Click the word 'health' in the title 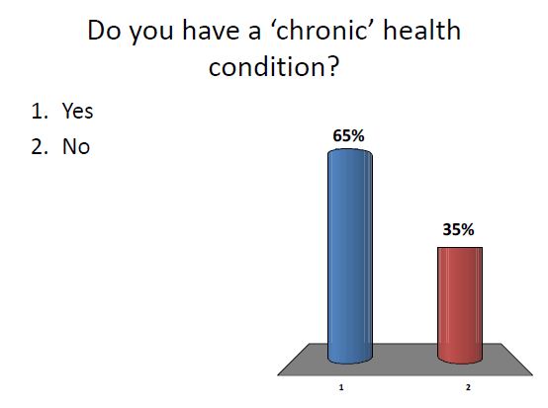(x=421, y=31)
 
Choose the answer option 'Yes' (x=77, y=112)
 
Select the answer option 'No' (x=76, y=148)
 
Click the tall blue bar (x=350, y=257)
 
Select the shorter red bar (x=459, y=301)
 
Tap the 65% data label (x=348, y=136)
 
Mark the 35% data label (x=457, y=230)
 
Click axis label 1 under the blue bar (x=341, y=389)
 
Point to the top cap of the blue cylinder (x=350, y=153)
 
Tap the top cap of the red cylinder (x=459, y=248)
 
